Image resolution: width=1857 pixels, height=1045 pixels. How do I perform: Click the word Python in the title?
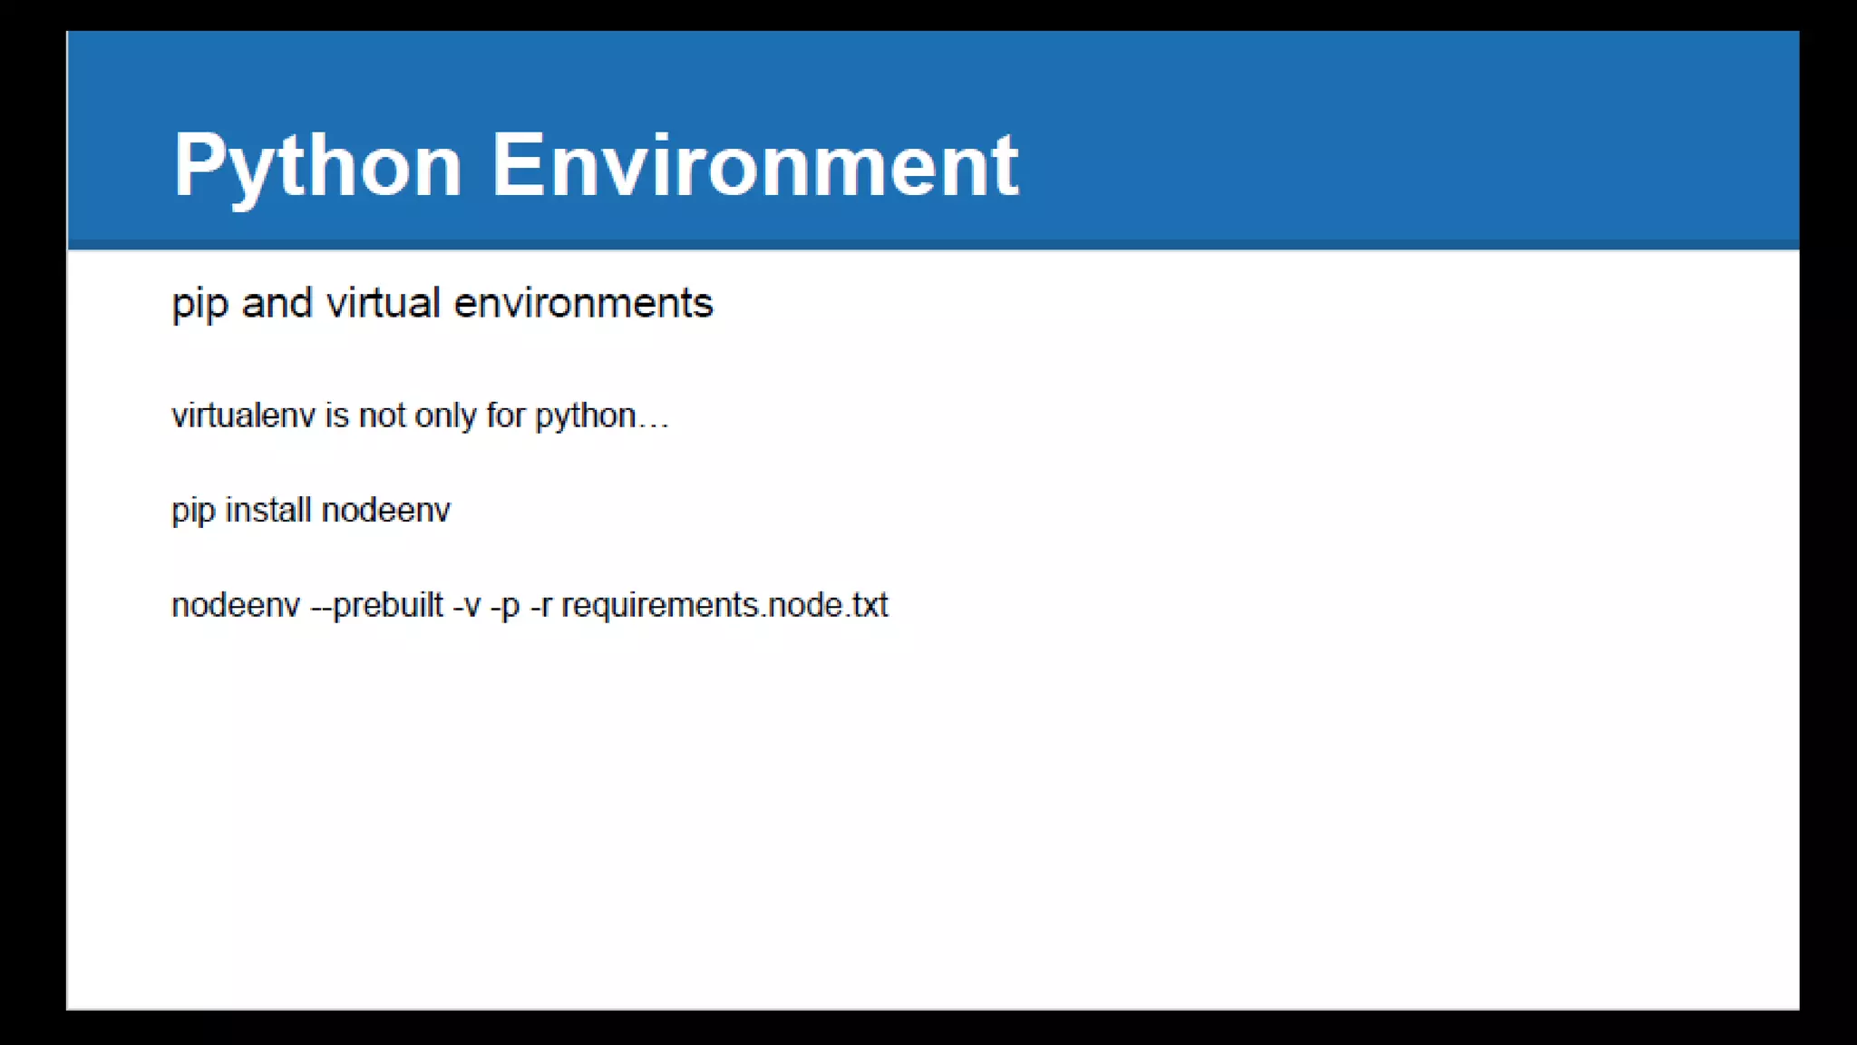(x=317, y=166)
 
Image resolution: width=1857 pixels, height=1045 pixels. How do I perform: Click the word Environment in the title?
(x=754, y=166)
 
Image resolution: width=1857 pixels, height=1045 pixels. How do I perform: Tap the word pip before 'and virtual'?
(x=198, y=304)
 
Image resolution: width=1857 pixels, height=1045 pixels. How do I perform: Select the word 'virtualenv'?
(x=243, y=415)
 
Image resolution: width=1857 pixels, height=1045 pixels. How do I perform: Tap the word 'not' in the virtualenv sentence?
(x=382, y=415)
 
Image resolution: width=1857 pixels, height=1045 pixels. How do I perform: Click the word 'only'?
(x=445, y=416)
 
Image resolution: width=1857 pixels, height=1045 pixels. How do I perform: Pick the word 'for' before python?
(x=505, y=415)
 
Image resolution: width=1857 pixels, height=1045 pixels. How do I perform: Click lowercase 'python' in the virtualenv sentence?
(x=585, y=416)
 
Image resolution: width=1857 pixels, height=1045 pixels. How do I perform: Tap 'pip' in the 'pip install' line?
(x=192, y=511)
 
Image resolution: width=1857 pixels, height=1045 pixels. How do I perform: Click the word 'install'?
(x=268, y=510)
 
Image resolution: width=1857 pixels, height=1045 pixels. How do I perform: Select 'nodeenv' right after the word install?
(x=385, y=510)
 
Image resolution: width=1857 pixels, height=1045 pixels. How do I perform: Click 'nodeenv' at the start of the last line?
(x=235, y=605)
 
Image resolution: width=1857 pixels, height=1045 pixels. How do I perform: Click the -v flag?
(x=466, y=605)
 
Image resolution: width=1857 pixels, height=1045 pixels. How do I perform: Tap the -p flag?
(x=505, y=606)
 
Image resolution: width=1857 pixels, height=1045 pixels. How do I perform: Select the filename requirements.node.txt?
(x=724, y=605)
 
